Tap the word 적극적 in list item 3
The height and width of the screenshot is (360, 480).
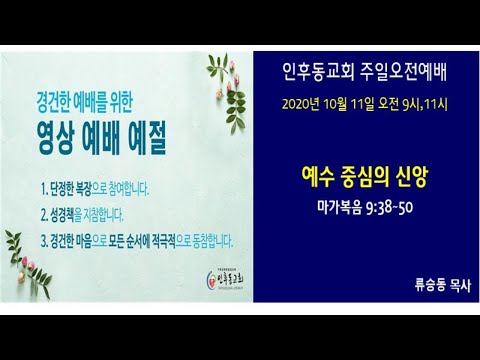pyautogui.click(x=184, y=240)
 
